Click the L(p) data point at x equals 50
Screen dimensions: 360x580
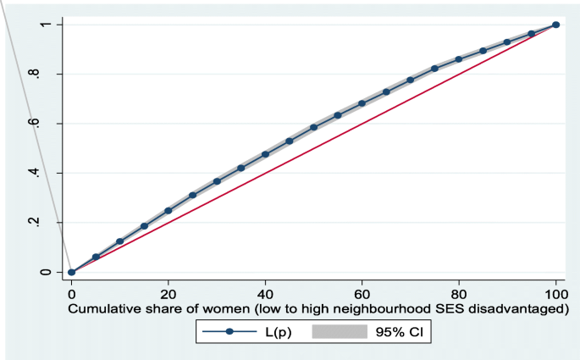314,127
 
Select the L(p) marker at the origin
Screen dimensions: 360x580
72,272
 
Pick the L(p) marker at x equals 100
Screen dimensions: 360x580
555,25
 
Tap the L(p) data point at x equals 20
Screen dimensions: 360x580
168,210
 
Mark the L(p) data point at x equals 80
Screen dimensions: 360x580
459,59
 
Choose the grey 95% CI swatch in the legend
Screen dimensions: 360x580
343,333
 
